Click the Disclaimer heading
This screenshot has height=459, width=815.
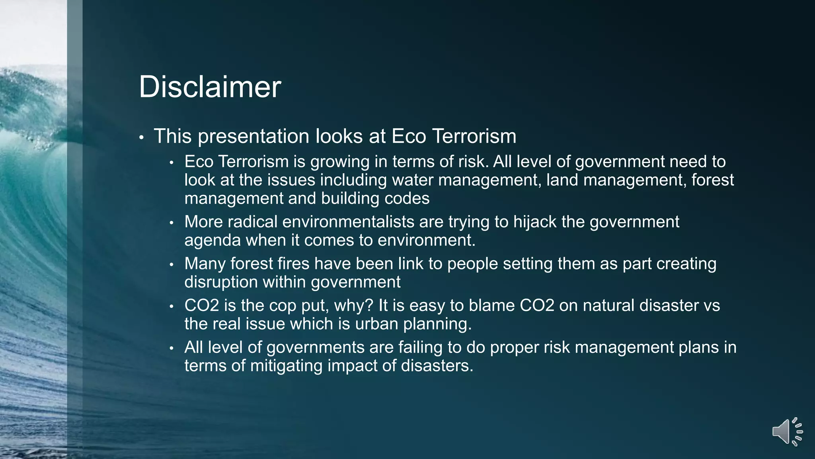(210, 87)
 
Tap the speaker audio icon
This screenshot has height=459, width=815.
(787, 432)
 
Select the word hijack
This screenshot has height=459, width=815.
(534, 222)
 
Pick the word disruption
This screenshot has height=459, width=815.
(221, 282)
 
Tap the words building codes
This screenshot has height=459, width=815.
(375, 198)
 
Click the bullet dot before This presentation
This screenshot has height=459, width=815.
(141, 137)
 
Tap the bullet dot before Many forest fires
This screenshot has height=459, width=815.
(172, 265)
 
